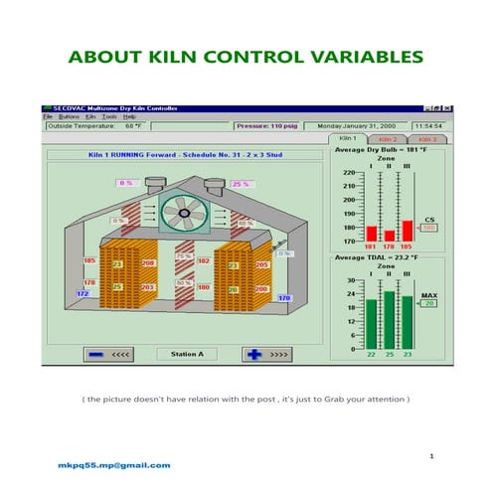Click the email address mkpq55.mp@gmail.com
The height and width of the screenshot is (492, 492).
click(x=111, y=464)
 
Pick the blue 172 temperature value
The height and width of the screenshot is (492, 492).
click(x=83, y=294)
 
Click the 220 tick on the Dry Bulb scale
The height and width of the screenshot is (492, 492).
click(x=349, y=173)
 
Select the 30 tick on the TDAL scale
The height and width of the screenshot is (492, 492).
click(x=350, y=280)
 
